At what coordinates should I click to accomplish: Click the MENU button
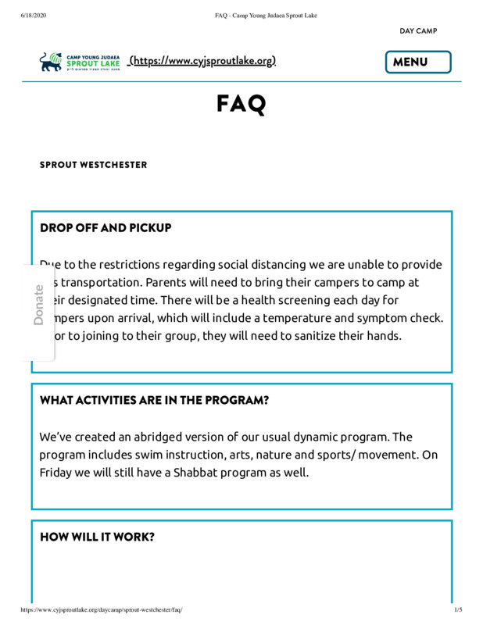(x=418, y=62)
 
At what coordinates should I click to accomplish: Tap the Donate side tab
(x=39, y=305)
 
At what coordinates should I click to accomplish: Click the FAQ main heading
(x=241, y=105)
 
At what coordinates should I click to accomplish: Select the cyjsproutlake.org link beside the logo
(x=202, y=61)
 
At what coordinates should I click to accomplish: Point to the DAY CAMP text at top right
(x=418, y=31)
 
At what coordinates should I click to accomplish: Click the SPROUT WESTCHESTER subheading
(x=93, y=165)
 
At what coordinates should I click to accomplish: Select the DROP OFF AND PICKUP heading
(x=106, y=228)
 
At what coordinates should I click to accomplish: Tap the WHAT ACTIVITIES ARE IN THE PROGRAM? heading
(x=155, y=400)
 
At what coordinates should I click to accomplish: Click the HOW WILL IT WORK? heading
(x=97, y=537)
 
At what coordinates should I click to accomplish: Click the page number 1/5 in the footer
(x=458, y=609)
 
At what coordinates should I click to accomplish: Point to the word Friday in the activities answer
(x=56, y=473)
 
